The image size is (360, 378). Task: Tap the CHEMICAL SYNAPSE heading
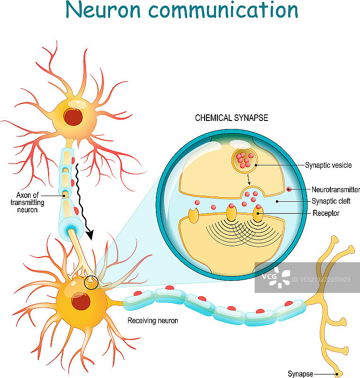pos(231,118)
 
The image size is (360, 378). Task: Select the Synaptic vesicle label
pos(328,165)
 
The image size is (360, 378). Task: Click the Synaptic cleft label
pos(331,201)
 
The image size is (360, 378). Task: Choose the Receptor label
pos(326,214)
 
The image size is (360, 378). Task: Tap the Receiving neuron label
pos(153,321)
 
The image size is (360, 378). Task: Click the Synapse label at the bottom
pos(300,374)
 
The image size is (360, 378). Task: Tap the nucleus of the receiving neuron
pos(80,301)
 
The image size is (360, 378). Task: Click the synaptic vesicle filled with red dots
pos(244,161)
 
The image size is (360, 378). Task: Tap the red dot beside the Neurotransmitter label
pos(288,189)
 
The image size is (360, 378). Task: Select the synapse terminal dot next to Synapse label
pos(337,374)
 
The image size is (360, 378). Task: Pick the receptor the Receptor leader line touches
pos(258,214)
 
